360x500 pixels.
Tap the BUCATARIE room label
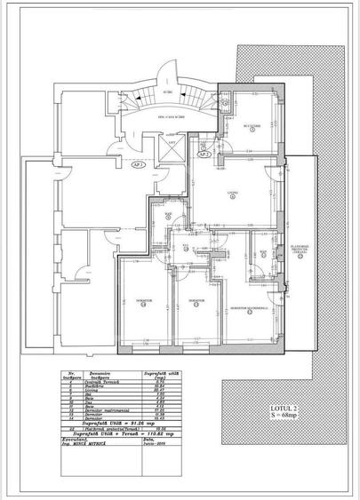[x=252, y=126]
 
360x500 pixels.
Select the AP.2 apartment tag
[x=204, y=154]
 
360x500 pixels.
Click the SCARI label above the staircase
[x=169, y=91]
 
